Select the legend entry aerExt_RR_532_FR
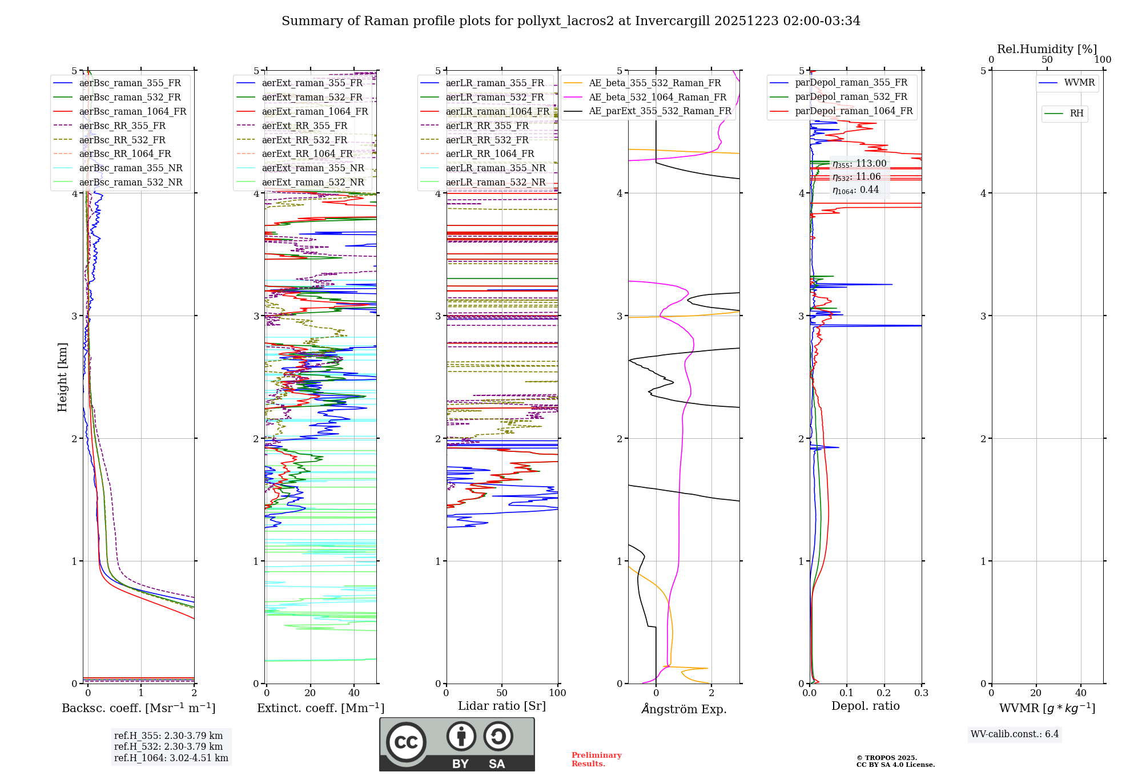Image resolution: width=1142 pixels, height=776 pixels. [304, 140]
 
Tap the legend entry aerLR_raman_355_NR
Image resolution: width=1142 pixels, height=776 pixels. [495, 168]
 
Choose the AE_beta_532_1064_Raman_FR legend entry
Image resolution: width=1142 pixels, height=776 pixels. [657, 98]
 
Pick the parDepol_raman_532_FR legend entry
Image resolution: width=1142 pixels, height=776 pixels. [851, 97]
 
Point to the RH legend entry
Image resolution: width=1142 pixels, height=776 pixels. [1076, 114]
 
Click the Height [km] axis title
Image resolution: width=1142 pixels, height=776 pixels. [62, 377]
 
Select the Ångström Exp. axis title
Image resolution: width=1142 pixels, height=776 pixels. [684, 709]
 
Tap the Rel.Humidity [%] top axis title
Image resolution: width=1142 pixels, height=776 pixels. [1047, 49]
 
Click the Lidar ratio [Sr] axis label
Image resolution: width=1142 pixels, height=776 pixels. [502, 706]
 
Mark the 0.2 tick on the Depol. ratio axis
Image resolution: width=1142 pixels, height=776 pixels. [884, 693]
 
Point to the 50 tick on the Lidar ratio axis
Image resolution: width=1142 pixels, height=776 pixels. [502, 693]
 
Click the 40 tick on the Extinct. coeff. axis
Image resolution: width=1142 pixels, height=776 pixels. [354, 693]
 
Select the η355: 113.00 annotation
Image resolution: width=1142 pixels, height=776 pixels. [859, 164]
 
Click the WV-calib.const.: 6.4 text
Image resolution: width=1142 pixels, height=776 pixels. [1015, 734]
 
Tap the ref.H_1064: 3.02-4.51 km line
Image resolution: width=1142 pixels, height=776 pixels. [171, 758]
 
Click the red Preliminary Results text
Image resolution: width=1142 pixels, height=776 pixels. [596, 759]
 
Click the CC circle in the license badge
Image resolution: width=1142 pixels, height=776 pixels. [406, 742]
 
